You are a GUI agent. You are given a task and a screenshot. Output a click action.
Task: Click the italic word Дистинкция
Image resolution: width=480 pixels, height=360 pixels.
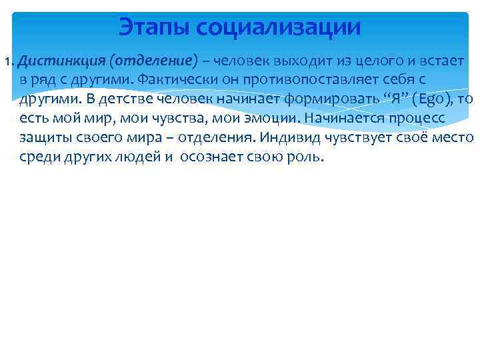63,62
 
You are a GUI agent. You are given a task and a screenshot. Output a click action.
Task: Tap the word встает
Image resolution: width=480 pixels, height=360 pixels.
441,62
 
